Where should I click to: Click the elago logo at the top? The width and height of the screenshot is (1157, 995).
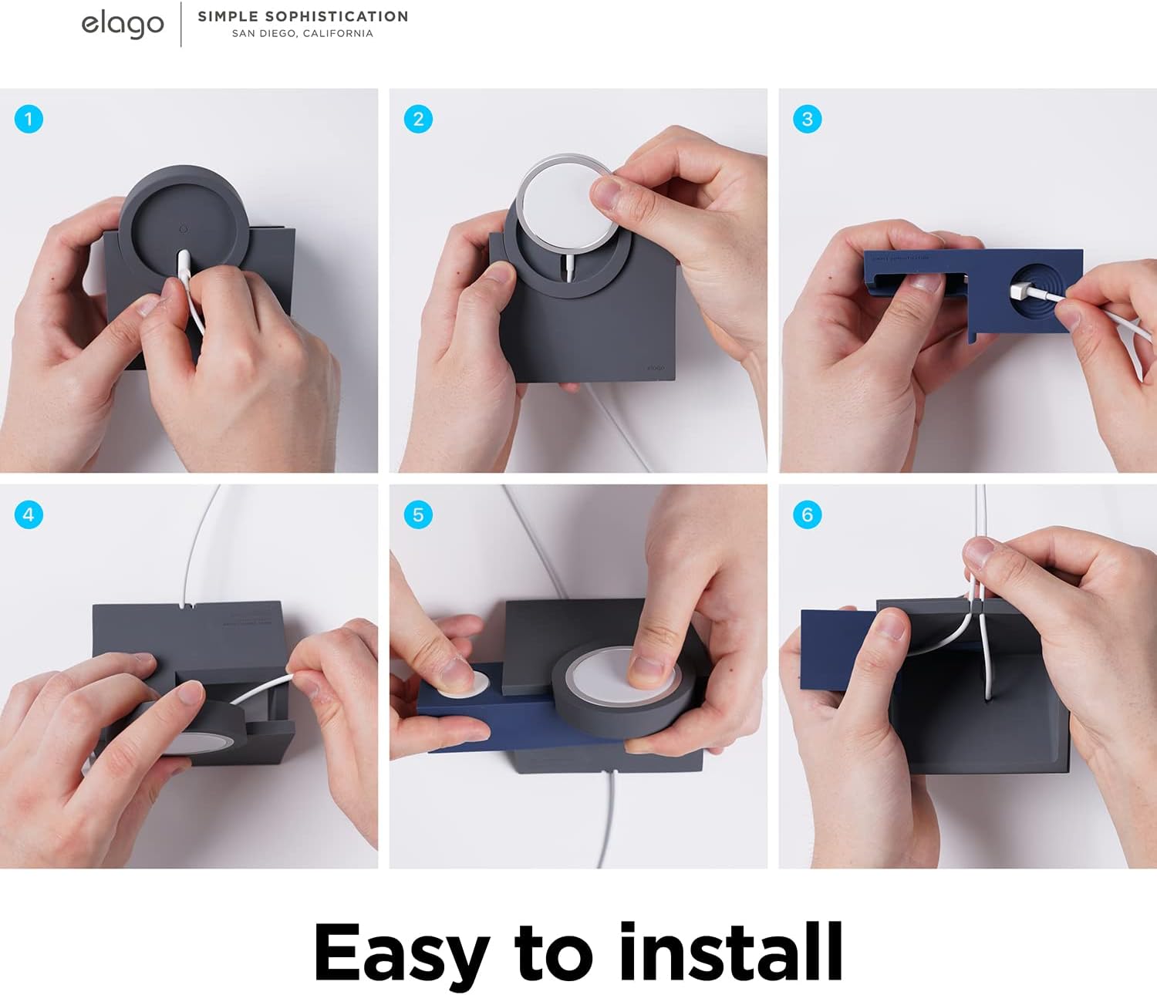tap(123, 24)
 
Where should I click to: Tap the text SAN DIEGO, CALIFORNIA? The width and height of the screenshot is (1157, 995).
tap(302, 34)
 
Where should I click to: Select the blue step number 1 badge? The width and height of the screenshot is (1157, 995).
tap(29, 120)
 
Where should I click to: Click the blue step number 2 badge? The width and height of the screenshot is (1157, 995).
tap(418, 120)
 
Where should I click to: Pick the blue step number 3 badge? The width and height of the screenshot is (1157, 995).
tap(808, 120)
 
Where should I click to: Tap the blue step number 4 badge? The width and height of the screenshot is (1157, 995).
tap(29, 514)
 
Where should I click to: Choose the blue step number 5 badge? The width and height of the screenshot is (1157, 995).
tap(418, 514)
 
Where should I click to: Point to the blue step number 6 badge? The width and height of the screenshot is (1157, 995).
tap(808, 514)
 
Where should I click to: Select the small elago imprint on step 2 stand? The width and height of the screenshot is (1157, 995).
tap(655, 368)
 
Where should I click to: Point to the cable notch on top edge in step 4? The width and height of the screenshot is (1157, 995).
tap(184, 606)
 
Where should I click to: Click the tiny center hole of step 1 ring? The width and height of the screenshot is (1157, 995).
tap(183, 229)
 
